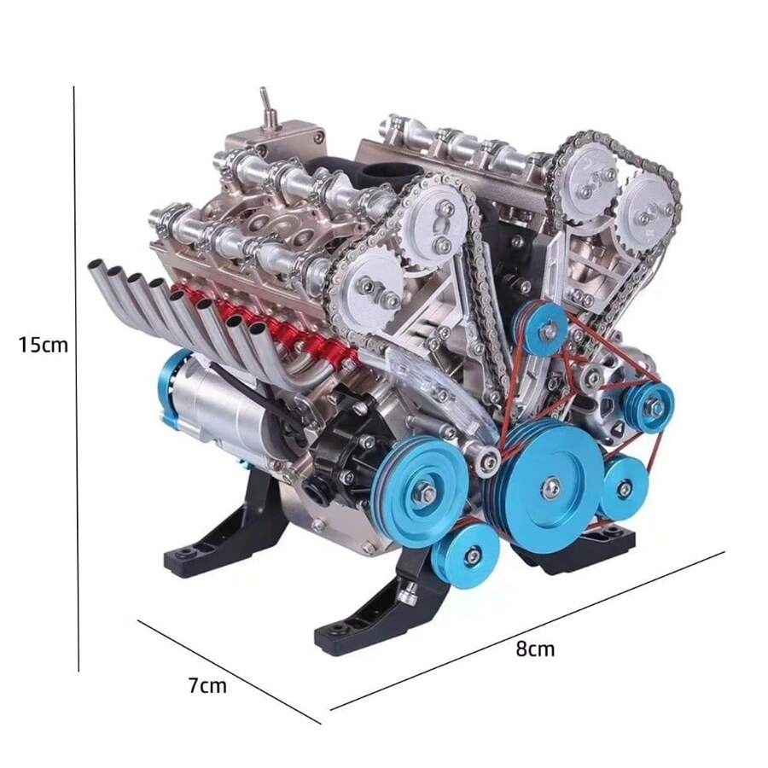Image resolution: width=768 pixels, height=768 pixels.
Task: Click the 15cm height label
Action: [44, 345]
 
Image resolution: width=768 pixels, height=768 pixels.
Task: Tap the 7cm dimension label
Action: [207, 684]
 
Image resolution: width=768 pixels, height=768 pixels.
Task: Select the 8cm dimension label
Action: [535, 649]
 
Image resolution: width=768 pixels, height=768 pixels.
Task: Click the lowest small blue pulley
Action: [468, 554]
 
